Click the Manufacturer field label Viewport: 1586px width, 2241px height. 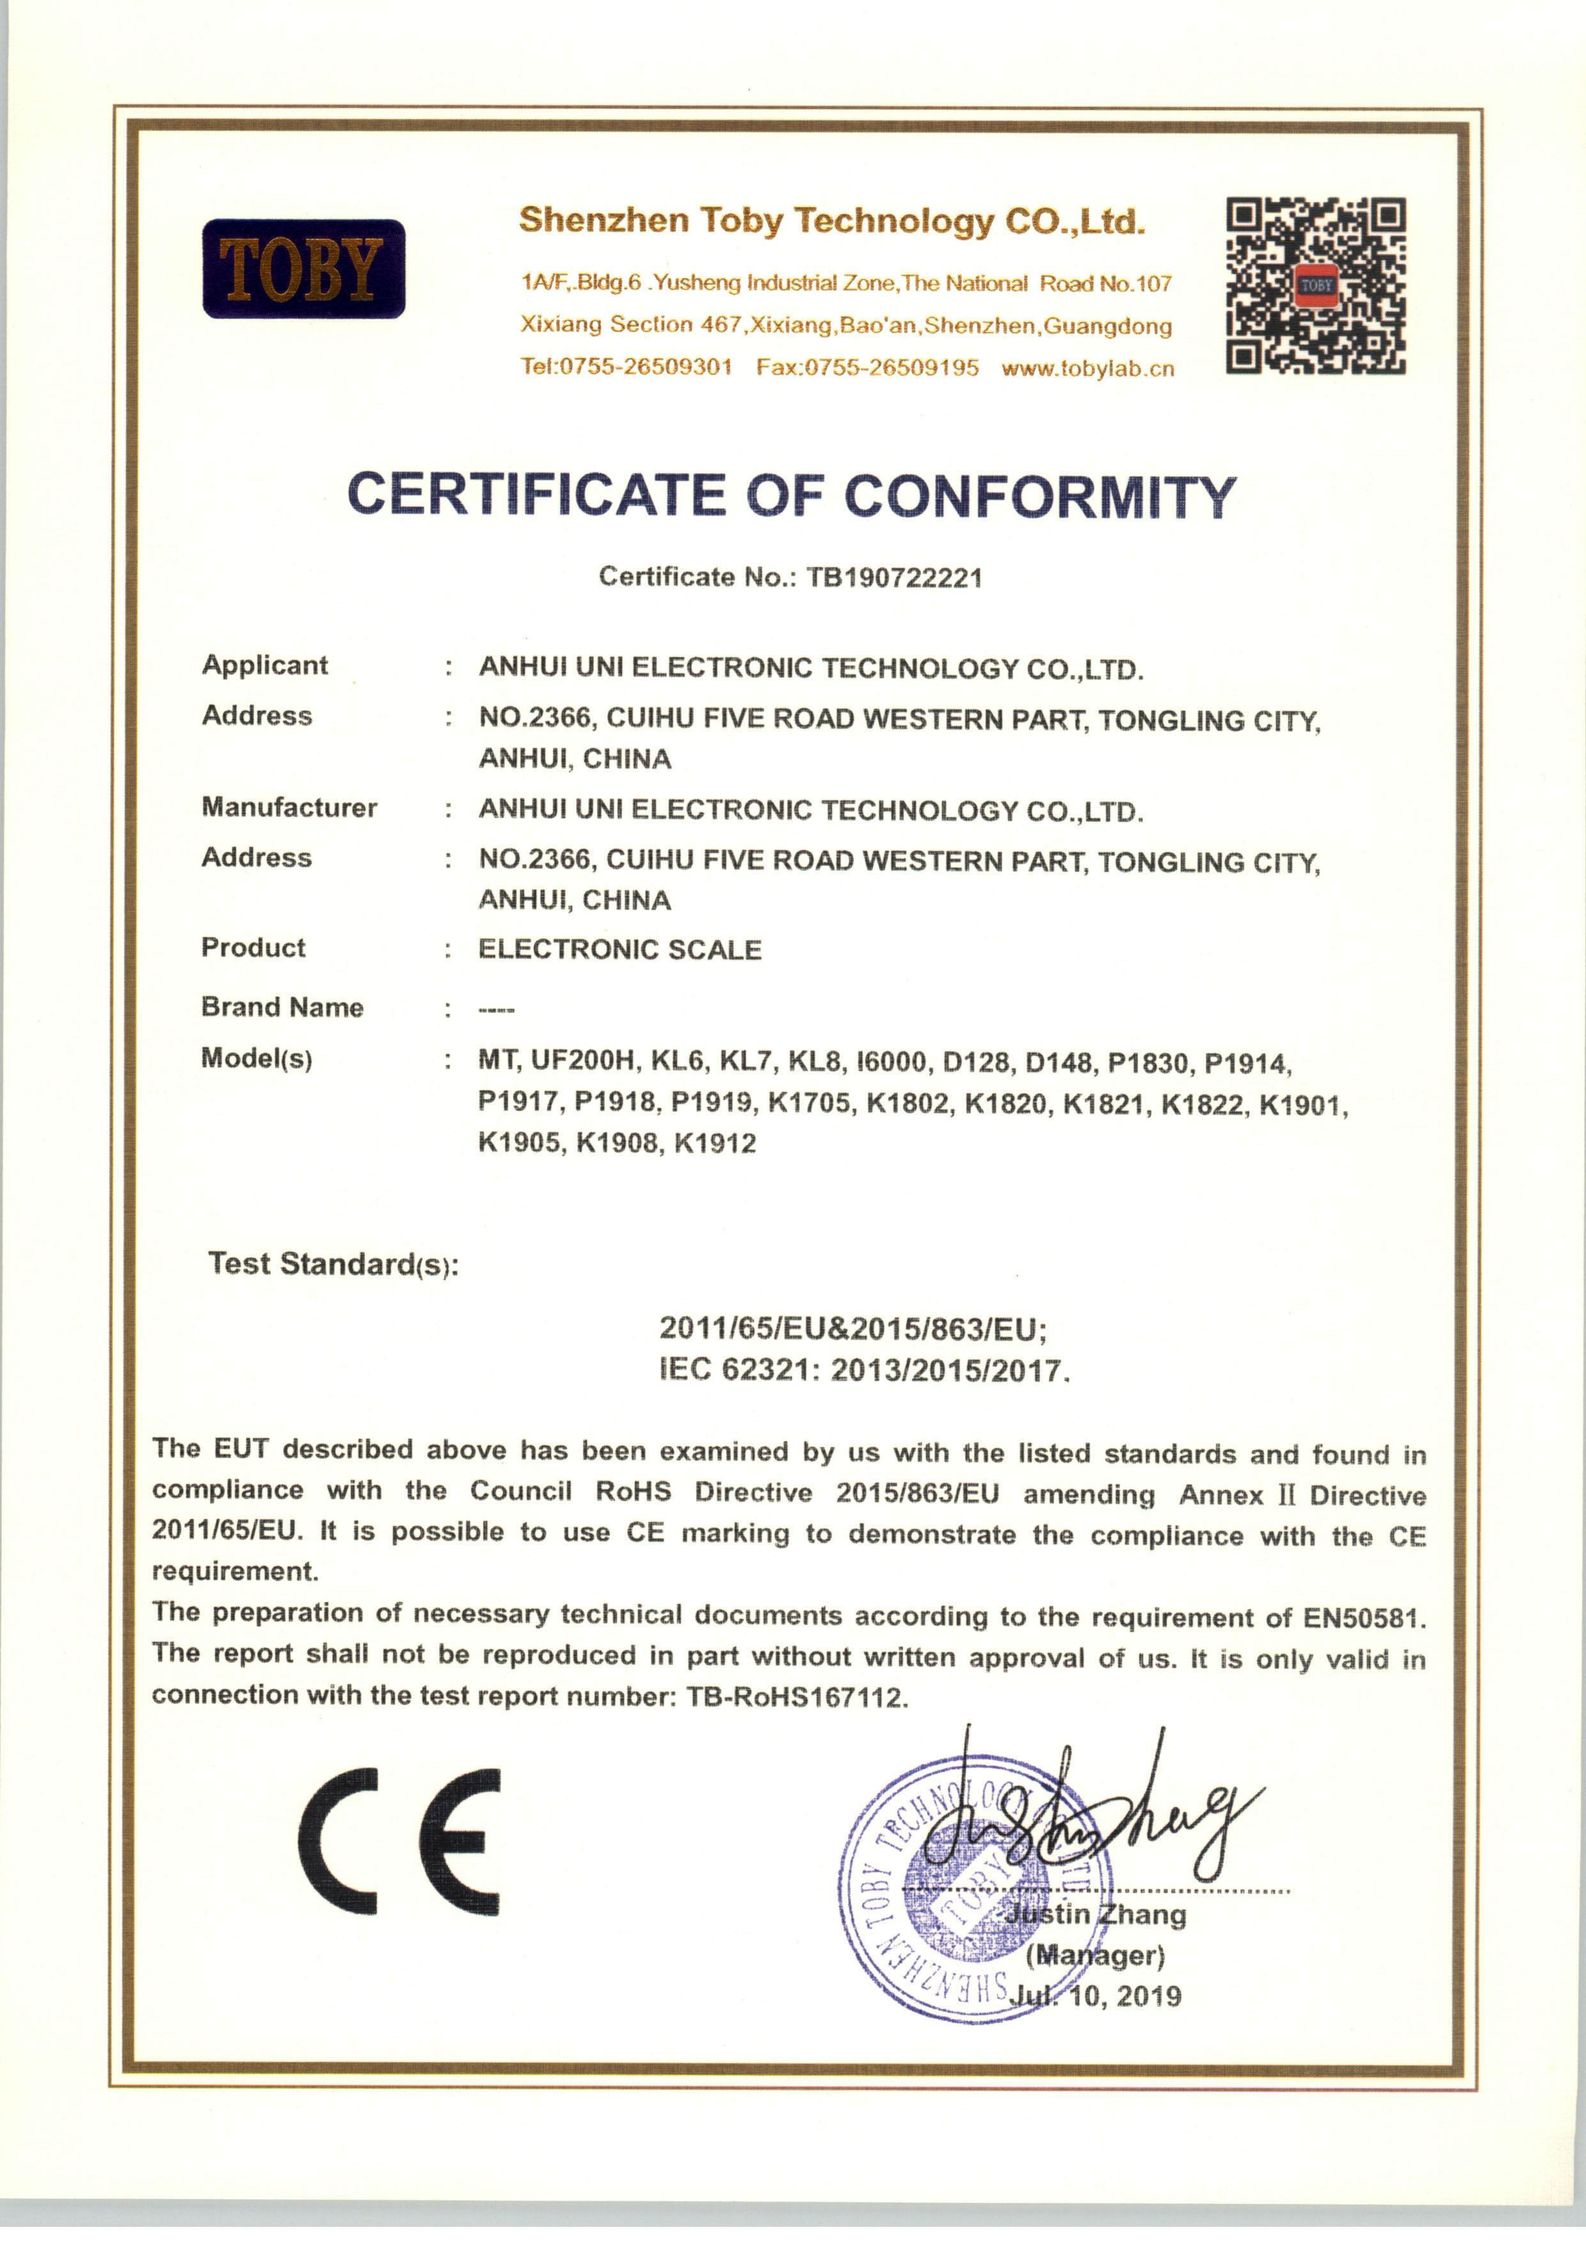(x=289, y=807)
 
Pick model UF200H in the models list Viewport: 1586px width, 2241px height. (x=584, y=1060)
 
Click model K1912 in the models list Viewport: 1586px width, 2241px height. (x=715, y=1143)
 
